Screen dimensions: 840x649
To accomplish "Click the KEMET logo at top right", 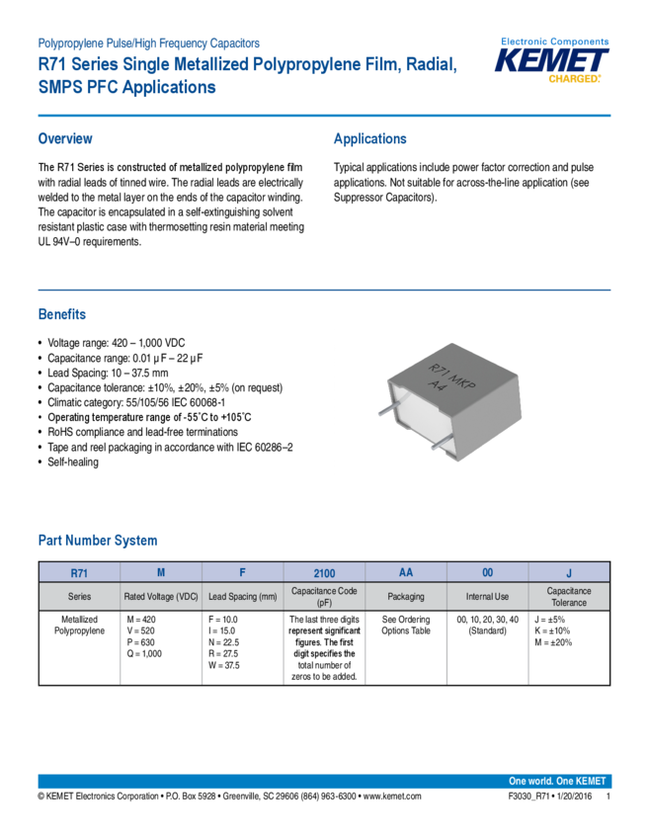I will pos(553,61).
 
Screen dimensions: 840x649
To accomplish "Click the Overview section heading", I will pos(65,138).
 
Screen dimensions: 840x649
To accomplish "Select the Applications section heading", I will pos(369,138).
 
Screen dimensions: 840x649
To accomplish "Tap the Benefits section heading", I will pos(61,315).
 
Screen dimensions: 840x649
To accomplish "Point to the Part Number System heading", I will pos(97,541).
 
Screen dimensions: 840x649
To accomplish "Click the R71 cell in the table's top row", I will pos(79,572).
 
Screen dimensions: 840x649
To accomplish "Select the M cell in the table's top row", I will pos(160,572).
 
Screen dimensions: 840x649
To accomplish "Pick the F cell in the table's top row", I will pos(242,572).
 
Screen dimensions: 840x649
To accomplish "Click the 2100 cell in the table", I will pos(324,572).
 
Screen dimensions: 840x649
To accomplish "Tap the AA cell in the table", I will pos(405,572).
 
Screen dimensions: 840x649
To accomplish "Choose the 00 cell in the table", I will pos(487,572).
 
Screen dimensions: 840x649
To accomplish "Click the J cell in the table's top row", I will pos(569,572).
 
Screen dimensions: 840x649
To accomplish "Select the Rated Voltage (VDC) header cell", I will pos(160,597).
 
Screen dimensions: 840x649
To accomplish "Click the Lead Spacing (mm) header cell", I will pos(242,597).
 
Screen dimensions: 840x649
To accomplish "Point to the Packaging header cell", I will pos(405,597).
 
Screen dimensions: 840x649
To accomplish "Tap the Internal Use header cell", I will pos(487,597).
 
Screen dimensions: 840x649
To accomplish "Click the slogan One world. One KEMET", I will pos(558,781).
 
